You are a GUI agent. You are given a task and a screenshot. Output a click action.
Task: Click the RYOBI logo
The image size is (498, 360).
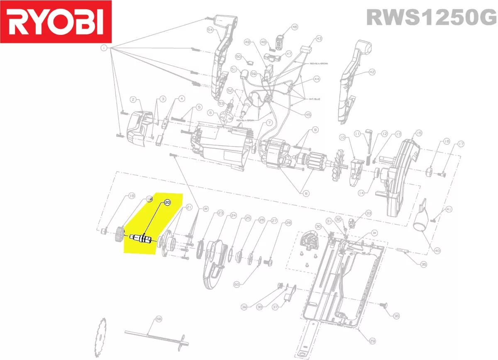coord(56,23)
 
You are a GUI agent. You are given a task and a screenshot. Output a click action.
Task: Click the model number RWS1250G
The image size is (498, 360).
coord(431,18)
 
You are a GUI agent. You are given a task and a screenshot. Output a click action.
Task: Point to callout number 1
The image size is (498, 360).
coord(103,48)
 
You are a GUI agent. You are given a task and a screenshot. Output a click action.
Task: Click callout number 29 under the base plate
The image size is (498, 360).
coord(372,341)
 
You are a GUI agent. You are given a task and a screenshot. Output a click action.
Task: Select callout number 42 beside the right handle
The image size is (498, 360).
coord(372,72)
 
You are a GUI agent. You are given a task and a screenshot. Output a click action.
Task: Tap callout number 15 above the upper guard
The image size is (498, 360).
coord(418,133)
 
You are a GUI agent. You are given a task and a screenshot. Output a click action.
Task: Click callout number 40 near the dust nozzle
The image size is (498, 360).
coord(437,251)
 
